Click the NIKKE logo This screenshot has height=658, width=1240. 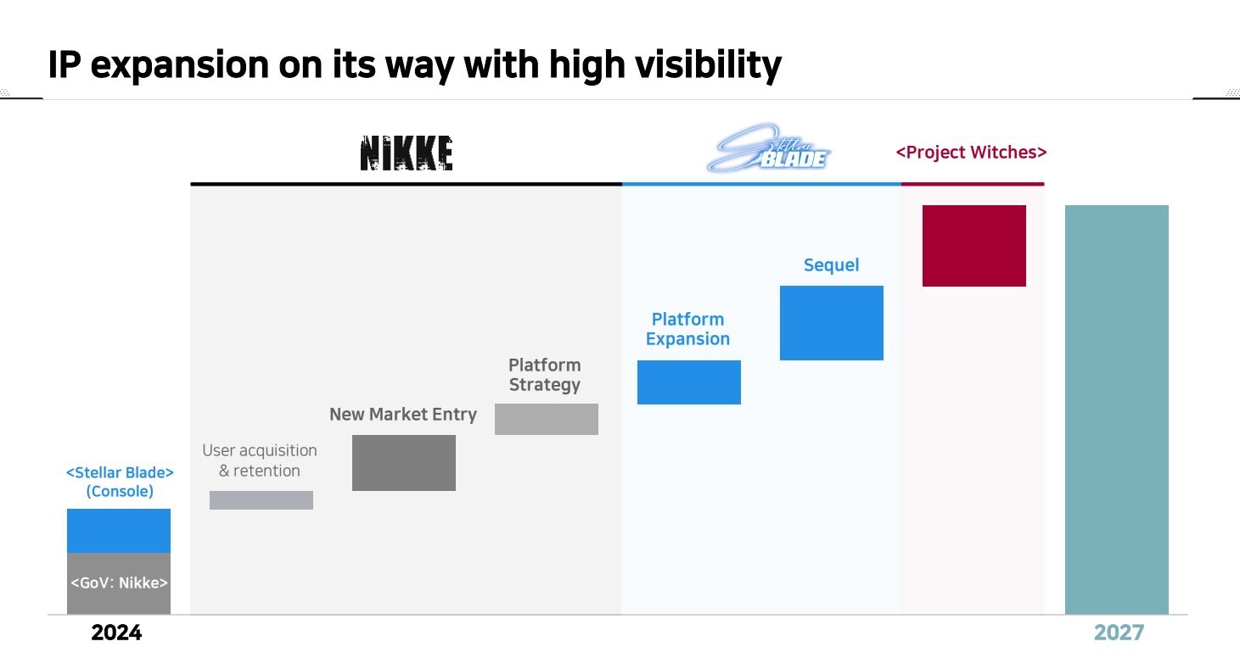[x=406, y=153]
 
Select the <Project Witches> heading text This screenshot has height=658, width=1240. [x=971, y=153]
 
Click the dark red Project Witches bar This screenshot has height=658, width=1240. [x=973, y=246]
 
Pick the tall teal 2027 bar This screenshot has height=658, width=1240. [x=1116, y=409]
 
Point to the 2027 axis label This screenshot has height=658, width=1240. [x=1119, y=633]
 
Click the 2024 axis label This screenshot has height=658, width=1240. [x=117, y=633]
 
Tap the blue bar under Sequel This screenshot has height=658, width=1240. [x=831, y=323]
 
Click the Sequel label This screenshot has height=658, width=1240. [x=831, y=265]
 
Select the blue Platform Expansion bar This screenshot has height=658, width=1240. [x=688, y=382]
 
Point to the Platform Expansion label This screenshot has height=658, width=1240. [x=687, y=329]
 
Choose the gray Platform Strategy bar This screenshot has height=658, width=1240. [x=546, y=419]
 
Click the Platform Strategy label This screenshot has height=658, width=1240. [x=544, y=375]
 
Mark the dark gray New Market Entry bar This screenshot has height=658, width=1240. [x=403, y=463]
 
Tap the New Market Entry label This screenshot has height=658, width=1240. [x=402, y=415]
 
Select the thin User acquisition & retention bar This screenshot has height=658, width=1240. [x=261, y=500]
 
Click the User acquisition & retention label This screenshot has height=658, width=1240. [x=259, y=460]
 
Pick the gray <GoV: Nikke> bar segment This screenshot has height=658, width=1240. [x=118, y=583]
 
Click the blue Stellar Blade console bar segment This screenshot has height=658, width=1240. [x=118, y=531]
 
